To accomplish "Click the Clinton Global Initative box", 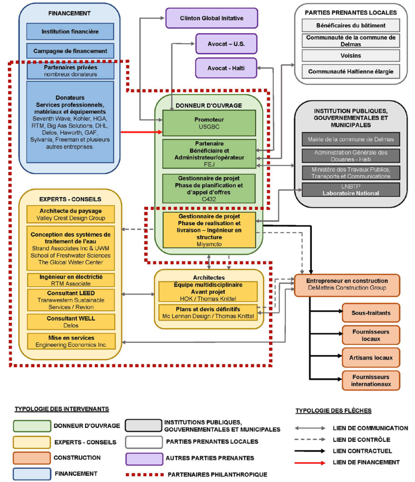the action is [211, 18].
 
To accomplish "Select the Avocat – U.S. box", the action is [226, 44].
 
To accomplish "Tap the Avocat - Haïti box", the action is [226, 68].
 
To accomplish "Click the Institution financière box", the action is [70, 31].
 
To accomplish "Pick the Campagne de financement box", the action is [70, 51].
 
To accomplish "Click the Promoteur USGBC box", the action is [209, 123].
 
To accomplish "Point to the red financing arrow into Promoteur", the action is [141, 132].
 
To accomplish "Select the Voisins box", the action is [351, 56].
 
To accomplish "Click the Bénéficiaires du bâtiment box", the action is [351, 25].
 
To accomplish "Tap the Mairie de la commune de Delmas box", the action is [351, 139].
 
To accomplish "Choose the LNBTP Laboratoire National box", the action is [351, 190].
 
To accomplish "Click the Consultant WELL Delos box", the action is [71, 322].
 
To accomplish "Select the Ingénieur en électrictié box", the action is [71, 280].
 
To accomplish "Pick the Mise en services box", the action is [71, 341].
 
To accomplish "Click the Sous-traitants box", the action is [371, 313].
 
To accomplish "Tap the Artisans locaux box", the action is [371, 358].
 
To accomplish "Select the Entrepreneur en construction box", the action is [347, 285].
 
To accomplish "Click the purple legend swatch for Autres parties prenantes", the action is [144, 459].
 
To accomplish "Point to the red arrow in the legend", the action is [310, 463].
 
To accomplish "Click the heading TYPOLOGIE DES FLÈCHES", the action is [333, 411].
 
